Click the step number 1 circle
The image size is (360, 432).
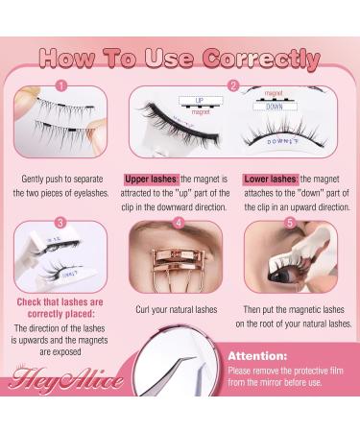[x=61, y=84]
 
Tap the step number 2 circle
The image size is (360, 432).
[x=233, y=84]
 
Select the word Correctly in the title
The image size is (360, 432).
[x=262, y=58]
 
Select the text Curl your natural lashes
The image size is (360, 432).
[x=180, y=310]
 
